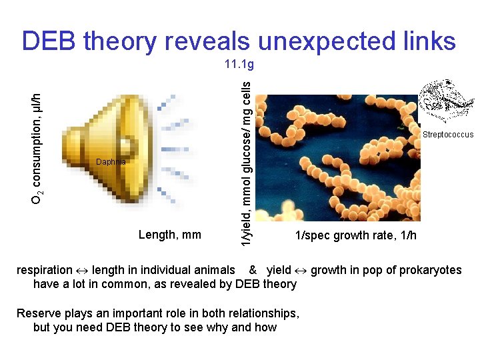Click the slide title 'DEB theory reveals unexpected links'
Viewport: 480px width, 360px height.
[239, 41]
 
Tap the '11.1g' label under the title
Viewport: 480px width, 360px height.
[239, 65]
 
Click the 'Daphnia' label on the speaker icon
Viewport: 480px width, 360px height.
[109, 162]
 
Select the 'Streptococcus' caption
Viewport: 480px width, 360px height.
[448, 135]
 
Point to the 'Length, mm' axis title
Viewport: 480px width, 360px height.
[169, 234]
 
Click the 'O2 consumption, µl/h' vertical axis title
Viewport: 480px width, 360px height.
[41, 139]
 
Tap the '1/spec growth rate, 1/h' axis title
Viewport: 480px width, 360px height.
[356, 235]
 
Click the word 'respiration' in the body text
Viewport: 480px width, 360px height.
[44, 270]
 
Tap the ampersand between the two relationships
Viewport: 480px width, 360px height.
[253, 270]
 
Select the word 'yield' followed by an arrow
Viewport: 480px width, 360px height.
[279, 270]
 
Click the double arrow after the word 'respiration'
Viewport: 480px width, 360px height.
[82, 270]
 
